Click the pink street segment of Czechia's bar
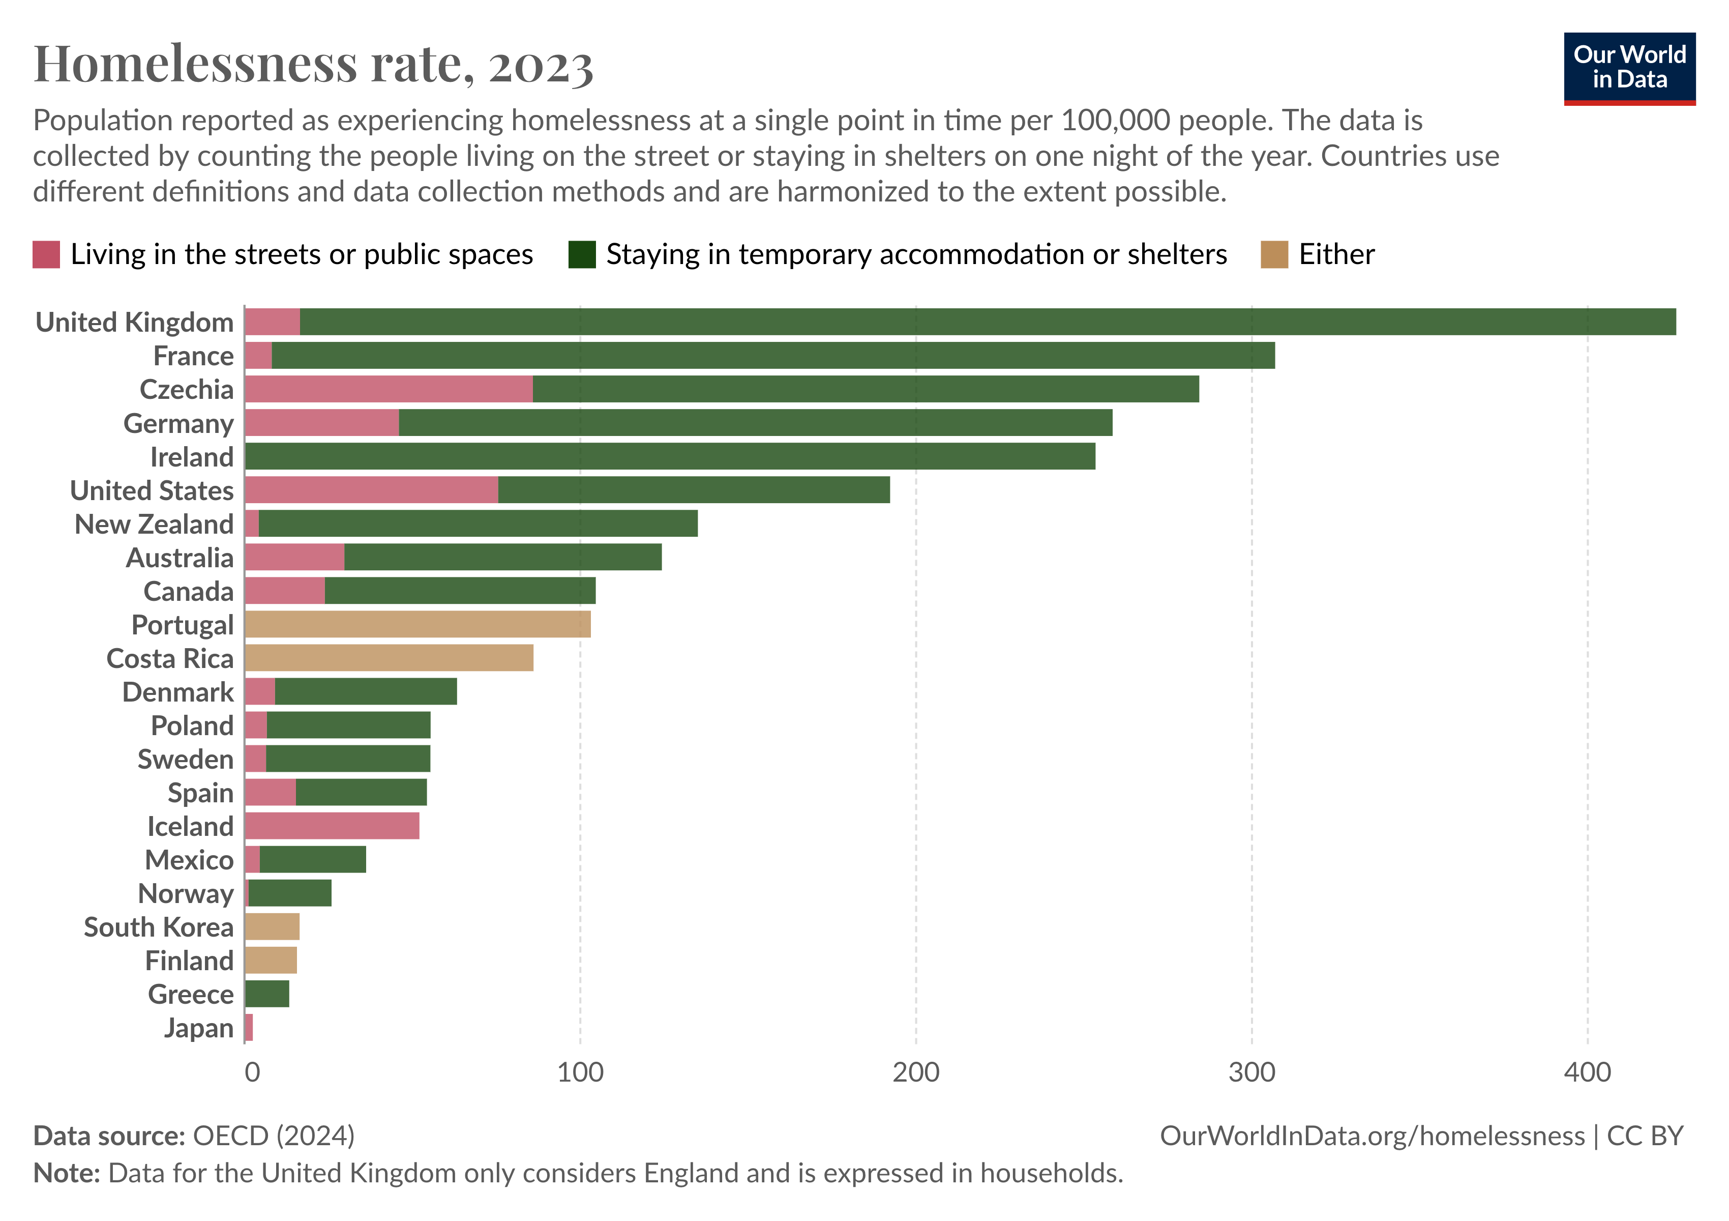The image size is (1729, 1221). click(388, 389)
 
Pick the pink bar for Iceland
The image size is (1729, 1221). click(332, 826)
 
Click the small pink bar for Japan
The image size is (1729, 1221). click(249, 1027)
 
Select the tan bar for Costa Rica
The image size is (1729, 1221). click(389, 658)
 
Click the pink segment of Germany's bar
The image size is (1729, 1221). click(321, 423)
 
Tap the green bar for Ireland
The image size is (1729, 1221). click(669, 456)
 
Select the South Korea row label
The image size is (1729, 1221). click(158, 927)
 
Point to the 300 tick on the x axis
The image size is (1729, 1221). click(1251, 1072)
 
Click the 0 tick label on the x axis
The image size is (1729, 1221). click(252, 1072)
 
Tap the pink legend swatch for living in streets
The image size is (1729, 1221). click(46, 254)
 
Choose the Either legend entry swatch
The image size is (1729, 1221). click(1274, 254)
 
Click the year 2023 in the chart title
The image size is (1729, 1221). click(541, 65)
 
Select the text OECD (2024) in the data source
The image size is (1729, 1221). click(274, 1135)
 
